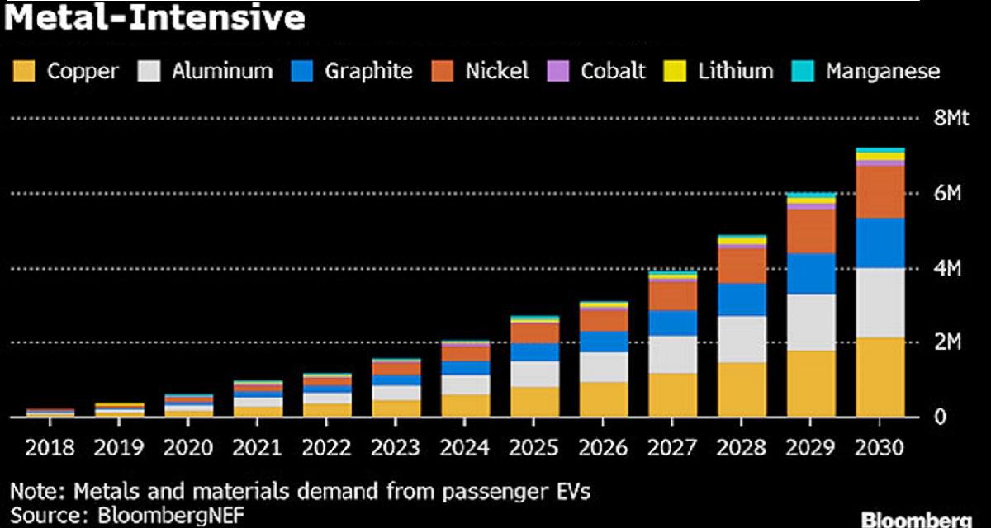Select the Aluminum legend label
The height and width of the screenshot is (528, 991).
pyautogui.click(x=221, y=71)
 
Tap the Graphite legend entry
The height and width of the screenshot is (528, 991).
pyautogui.click(x=367, y=71)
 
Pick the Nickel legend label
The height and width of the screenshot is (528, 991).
pyautogui.click(x=496, y=71)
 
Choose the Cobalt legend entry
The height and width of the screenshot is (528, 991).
pyautogui.click(x=613, y=71)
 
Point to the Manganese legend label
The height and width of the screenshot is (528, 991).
pyautogui.click(x=883, y=71)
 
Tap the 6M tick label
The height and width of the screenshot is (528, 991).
pyautogui.click(x=946, y=194)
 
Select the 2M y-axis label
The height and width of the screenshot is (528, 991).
pyautogui.click(x=946, y=342)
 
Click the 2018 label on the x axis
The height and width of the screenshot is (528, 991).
pyautogui.click(x=50, y=448)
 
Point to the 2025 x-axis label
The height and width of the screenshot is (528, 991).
pyautogui.click(x=535, y=448)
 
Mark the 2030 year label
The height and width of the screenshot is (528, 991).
pyautogui.click(x=880, y=448)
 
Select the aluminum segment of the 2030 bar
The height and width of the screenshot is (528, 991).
pyautogui.click(x=880, y=303)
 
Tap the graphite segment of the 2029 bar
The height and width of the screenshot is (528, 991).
pyautogui.click(x=811, y=274)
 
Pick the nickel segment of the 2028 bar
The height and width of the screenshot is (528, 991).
pyautogui.click(x=742, y=266)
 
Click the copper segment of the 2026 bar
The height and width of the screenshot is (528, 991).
pyautogui.click(x=603, y=399)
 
